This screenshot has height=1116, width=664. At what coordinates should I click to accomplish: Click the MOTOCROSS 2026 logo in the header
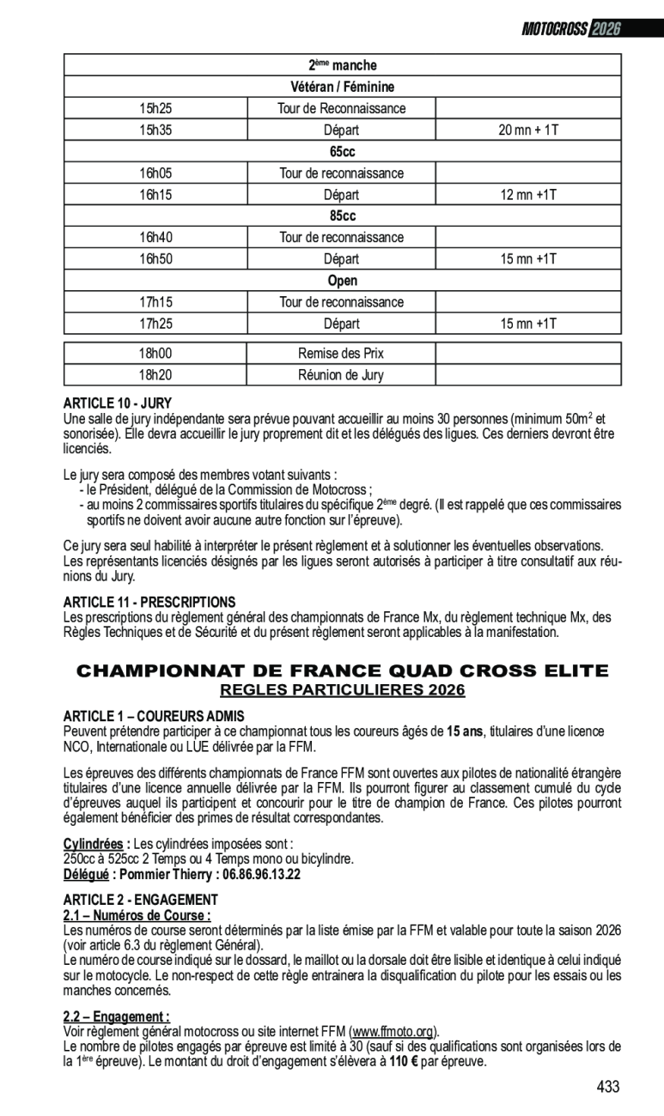pyautogui.click(x=571, y=29)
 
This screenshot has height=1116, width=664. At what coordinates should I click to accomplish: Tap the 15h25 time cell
pyautogui.click(x=155, y=108)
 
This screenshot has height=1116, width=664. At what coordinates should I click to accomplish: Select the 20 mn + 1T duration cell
pyautogui.click(x=528, y=130)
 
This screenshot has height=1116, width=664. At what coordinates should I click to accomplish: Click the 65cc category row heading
pyautogui.click(x=342, y=152)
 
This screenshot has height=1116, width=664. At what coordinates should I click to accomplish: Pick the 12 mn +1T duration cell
pyautogui.click(x=528, y=195)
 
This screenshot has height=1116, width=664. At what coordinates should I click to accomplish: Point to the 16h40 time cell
pyautogui.click(x=155, y=238)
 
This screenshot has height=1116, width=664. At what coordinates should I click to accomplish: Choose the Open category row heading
pyautogui.click(x=342, y=281)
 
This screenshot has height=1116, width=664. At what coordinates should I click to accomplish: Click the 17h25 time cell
pyautogui.click(x=155, y=324)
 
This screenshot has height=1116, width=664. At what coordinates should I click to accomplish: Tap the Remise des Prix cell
pyautogui.click(x=341, y=353)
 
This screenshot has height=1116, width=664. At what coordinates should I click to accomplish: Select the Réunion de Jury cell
pyautogui.click(x=341, y=374)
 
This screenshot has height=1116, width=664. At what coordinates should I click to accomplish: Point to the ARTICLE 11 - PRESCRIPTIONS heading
pyautogui.click(x=149, y=603)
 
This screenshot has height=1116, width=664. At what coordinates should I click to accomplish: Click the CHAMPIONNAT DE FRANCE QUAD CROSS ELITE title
pyautogui.click(x=342, y=670)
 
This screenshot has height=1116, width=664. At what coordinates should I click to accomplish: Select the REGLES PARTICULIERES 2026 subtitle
pyautogui.click(x=342, y=690)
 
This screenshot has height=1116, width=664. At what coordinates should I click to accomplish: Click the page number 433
pyautogui.click(x=607, y=1087)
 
